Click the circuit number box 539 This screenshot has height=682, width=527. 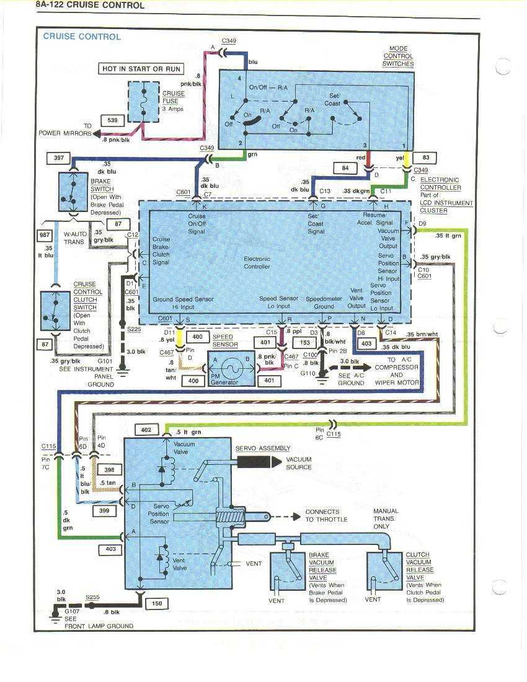coord(113,120)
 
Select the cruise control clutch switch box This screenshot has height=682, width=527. coord(55,311)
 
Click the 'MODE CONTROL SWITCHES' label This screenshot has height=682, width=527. coord(397,56)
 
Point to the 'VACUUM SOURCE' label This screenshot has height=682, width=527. coord(299,463)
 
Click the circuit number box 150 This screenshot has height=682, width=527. coord(156,602)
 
